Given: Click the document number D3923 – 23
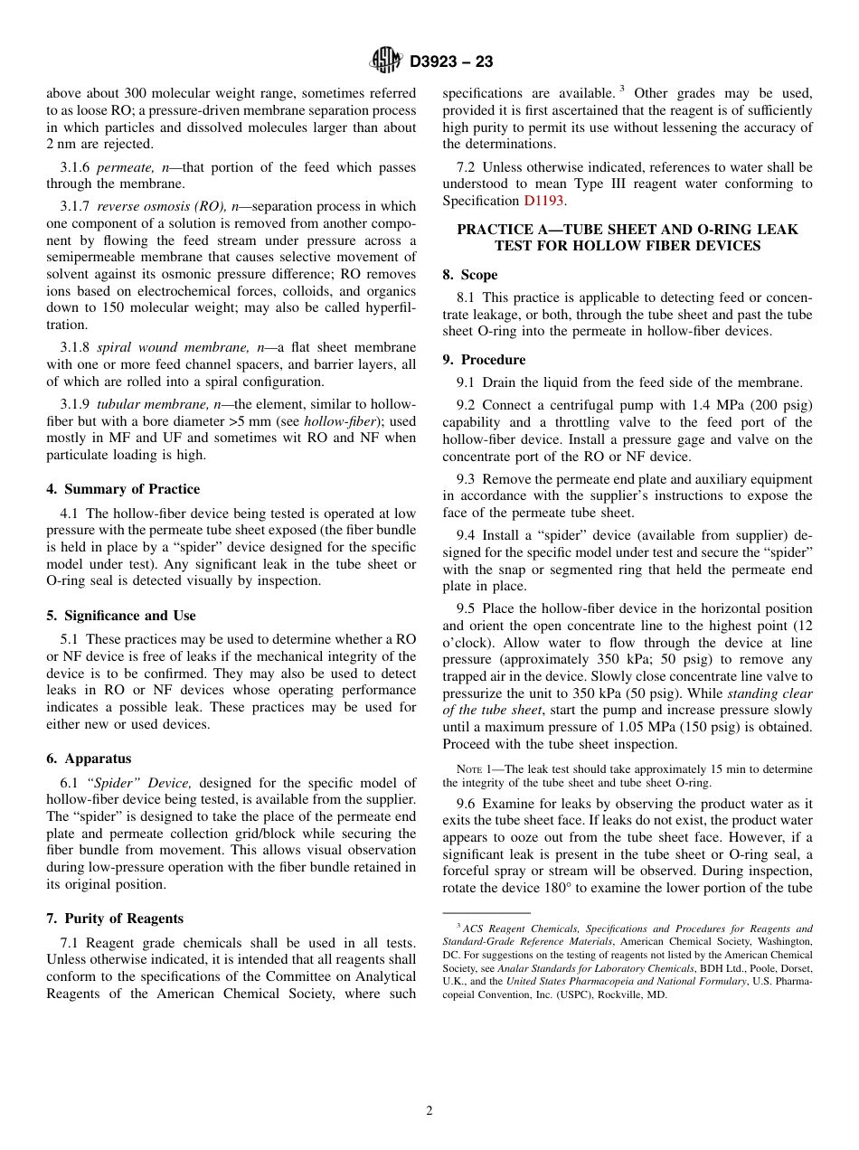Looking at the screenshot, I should [451, 62].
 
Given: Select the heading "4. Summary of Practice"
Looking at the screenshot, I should [123, 489].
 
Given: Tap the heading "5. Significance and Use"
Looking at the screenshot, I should [121, 616].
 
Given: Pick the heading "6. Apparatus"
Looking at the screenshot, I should [89, 759].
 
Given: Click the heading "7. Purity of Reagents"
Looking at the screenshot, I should [115, 919].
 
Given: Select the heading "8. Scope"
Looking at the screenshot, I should [470, 275].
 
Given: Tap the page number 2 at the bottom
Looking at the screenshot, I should [429, 1111].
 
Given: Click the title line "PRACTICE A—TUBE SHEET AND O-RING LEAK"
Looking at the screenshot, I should [627, 230].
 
